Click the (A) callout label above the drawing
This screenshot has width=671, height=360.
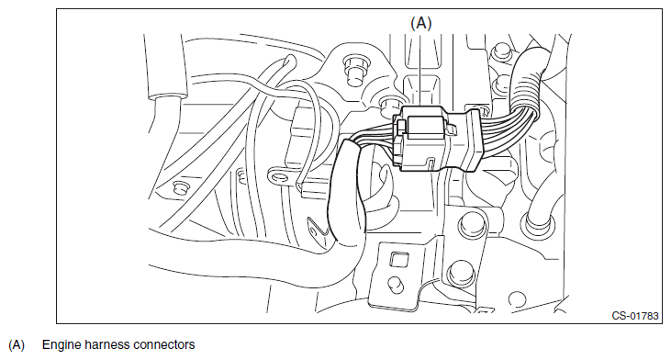(421, 23)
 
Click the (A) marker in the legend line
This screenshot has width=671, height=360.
(17, 345)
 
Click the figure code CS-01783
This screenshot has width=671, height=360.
(635, 316)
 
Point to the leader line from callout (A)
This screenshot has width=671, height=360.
(421, 70)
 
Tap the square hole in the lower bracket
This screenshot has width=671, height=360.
(398, 259)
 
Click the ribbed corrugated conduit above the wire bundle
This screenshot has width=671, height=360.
(527, 82)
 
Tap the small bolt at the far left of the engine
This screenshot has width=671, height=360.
(180, 187)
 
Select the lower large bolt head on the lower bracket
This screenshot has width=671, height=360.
(461, 272)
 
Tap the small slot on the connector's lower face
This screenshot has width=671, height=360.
(431, 164)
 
